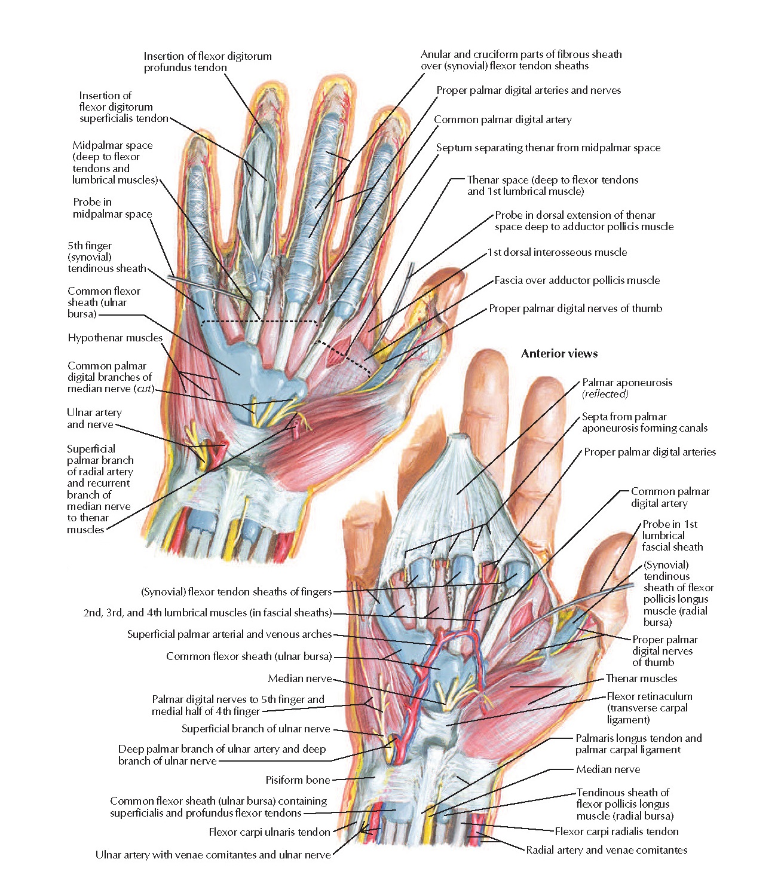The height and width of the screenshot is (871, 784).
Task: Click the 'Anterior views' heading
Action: tap(559, 353)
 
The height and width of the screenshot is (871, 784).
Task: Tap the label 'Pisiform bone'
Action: tap(298, 780)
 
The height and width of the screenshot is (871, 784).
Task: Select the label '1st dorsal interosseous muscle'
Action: tap(557, 252)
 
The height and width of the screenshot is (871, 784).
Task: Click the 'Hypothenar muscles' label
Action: tap(115, 338)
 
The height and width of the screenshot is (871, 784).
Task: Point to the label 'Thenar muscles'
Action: tap(641, 679)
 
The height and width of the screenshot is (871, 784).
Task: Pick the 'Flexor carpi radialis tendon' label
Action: tap(616, 831)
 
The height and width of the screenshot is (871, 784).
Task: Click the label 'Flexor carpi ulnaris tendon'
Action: tap(269, 832)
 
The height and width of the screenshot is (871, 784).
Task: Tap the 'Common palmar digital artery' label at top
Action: tap(503, 120)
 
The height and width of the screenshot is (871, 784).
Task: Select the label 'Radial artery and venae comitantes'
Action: tap(606, 849)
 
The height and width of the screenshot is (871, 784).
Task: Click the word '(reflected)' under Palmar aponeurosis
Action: tap(605, 394)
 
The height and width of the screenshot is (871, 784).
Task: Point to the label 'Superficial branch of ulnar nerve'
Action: tap(255, 729)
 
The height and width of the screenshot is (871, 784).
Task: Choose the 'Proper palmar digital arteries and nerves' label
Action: tap(528, 90)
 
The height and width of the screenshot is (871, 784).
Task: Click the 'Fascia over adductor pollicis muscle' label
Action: tap(577, 280)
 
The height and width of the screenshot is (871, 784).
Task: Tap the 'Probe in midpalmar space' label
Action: tap(112, 208)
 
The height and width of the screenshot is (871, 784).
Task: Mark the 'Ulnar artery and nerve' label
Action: tap(94, 418)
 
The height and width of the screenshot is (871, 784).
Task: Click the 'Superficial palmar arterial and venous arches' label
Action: tap(229, 634)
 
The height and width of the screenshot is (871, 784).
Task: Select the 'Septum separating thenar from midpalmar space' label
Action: tap(548, 148)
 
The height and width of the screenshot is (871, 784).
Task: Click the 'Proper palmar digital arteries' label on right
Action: tap(650, 452)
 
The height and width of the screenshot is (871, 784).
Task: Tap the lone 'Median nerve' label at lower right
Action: tap(608, 769)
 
